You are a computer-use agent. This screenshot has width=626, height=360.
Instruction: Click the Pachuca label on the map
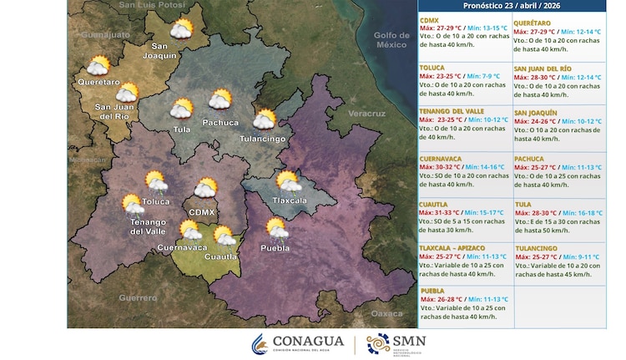[x=221, y=123]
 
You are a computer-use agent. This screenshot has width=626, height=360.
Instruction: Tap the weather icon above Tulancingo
[x=265, y=119]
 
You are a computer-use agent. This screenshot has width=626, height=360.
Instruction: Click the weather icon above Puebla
[x=275, y=227]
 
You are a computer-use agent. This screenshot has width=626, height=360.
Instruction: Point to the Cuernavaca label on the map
[x=182, y=247]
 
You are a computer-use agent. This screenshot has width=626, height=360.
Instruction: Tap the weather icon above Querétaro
[x=98, y=66]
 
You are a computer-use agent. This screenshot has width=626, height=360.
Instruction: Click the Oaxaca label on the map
[x=386, y=313]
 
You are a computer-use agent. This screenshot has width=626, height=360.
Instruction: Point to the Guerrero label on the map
[x=137, y=297]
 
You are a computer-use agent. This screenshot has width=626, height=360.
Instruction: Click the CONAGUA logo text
[x=309, y=341]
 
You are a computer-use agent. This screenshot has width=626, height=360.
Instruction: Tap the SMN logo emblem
[x=377, y=343]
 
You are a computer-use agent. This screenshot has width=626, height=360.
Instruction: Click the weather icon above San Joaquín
[x=181, y=31]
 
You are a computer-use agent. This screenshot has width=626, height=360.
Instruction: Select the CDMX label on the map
[x=202, y=212]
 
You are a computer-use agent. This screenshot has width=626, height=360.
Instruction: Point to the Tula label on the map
[x=181, y=129]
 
